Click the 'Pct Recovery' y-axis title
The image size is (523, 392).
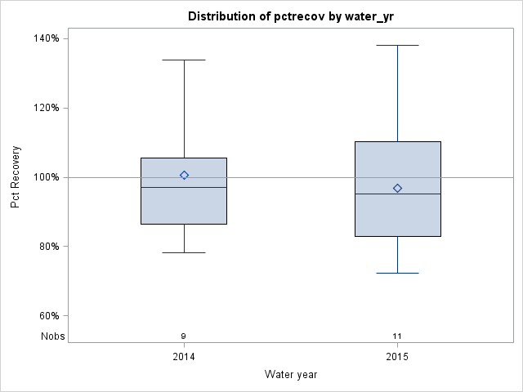(x=16, y=177)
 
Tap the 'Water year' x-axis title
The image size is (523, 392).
(x=291, y=374)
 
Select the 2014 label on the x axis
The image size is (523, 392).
(x=184, y=357)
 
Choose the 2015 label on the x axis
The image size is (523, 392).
(x=397, y=357)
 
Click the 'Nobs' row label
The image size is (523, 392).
(x=52, y=336)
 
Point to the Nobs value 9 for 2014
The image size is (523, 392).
(x=184, y=336)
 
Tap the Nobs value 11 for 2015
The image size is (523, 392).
(x=397, y=336)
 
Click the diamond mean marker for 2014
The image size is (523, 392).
(x=184, y=175)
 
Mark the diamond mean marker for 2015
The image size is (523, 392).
(x=397, y=188)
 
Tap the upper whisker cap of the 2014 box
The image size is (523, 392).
(x=184, y=60)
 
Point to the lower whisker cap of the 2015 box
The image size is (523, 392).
(x=397, y=273)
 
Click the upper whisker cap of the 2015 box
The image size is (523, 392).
(x=397, y=45)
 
